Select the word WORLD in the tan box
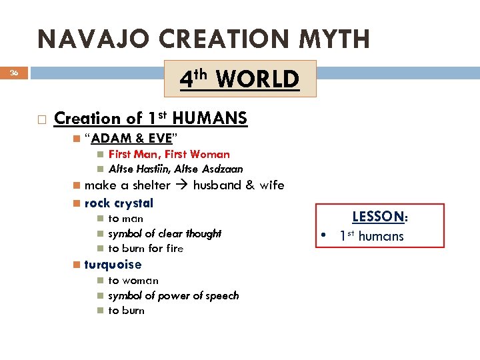point(257,79)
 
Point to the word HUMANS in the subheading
point(210,119)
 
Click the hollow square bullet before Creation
point(41,119)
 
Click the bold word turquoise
point(113,265)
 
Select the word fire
point(174,249)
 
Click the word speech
point(221,295)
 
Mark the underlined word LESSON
point(377,217)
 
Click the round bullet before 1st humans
point(322,236)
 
